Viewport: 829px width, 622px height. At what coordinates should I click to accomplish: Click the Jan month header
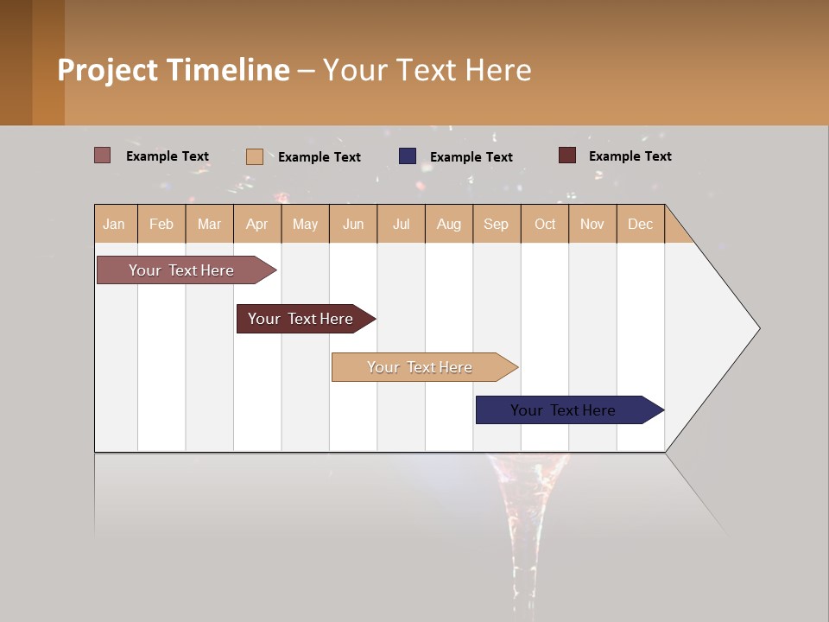(x=114, y=224)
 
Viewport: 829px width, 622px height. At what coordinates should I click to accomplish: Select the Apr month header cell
(x=257, y=224)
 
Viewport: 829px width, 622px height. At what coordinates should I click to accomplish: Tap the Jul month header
(x=401, y=224)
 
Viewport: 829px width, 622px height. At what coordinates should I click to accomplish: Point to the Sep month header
(x=496, y=224)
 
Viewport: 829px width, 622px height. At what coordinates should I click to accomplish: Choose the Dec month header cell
(x=640, y=224)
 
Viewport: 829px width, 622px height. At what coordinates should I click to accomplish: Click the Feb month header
(x=161, y=224)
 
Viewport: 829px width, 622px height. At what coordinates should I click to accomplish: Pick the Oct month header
(x=545, y=224)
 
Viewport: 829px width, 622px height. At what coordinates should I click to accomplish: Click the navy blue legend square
(x=408, y=156)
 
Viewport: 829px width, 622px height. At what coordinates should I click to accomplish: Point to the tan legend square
(x=255, y=156)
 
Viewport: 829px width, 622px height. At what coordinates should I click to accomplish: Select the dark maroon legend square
(x=567, y=155)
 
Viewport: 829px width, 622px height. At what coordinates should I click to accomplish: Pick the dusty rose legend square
(x=103, y=155)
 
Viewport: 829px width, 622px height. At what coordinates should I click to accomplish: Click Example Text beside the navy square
(x=471, y=157)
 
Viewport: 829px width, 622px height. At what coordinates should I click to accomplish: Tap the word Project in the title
(x=107, y=71)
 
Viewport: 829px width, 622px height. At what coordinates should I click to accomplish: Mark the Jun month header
(x=353, y=224)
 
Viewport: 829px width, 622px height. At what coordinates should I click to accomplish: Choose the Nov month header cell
(x=592, y=224)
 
